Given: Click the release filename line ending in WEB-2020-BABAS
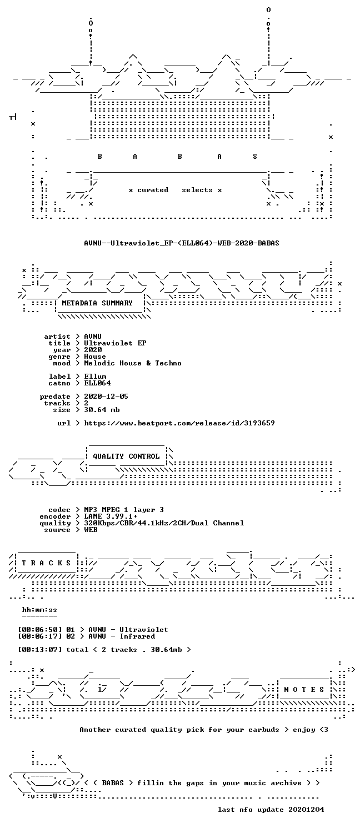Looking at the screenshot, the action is pos(182,243).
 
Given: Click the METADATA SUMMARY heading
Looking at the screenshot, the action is pos(97,303).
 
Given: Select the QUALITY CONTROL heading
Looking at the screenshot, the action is pos(126,456).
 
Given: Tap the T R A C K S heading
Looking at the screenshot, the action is pos(46,563).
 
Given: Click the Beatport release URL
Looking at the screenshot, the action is pos(179,423).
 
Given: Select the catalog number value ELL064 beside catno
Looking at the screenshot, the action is pos(97,383).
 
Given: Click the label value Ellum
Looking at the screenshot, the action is pos(95,377).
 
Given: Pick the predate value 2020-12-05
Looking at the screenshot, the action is pos(106,397).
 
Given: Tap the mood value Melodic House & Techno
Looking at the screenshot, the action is pos(133,363).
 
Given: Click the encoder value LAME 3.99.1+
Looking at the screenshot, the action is pos(111,516).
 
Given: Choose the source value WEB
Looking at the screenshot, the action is pos(91,530).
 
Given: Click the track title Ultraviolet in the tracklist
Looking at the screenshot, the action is pos(144,630).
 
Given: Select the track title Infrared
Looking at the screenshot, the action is pos(137,636).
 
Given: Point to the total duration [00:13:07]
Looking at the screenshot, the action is pos(40,650).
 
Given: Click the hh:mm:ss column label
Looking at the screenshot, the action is pos(39,610).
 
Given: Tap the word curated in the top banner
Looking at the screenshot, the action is pos(153,190).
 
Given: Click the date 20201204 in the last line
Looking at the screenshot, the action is pos(306,810).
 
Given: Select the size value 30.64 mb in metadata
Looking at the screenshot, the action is pos(102,410).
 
